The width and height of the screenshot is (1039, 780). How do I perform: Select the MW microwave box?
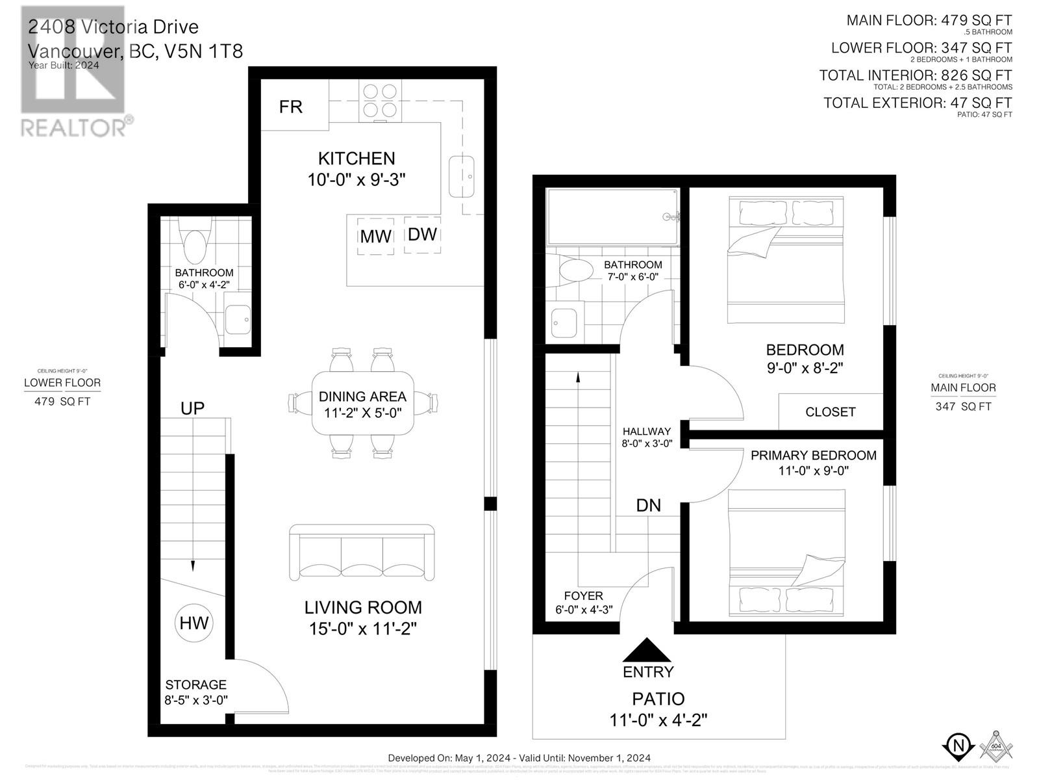pos(375,236)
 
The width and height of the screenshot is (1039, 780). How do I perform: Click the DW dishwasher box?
pos(422,234)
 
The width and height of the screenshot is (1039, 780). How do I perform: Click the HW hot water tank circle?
pos(194,623)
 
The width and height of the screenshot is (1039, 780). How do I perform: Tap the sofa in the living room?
pos(362,552)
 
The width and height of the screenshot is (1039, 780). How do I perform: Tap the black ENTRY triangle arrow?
pos(647,649)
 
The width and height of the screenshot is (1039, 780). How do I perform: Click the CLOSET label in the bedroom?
pos(830,412)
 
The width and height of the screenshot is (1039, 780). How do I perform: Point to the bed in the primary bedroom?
pos(786,552)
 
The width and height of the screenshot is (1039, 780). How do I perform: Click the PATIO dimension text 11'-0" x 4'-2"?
pos(658,720)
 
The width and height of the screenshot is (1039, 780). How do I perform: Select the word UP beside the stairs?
pos(192,408)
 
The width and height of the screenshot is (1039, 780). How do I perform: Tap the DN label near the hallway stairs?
pos(648,505)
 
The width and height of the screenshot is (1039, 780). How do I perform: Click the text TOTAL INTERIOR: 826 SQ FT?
pos(915,75)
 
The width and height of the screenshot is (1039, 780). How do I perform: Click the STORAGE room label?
pos(195,684)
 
